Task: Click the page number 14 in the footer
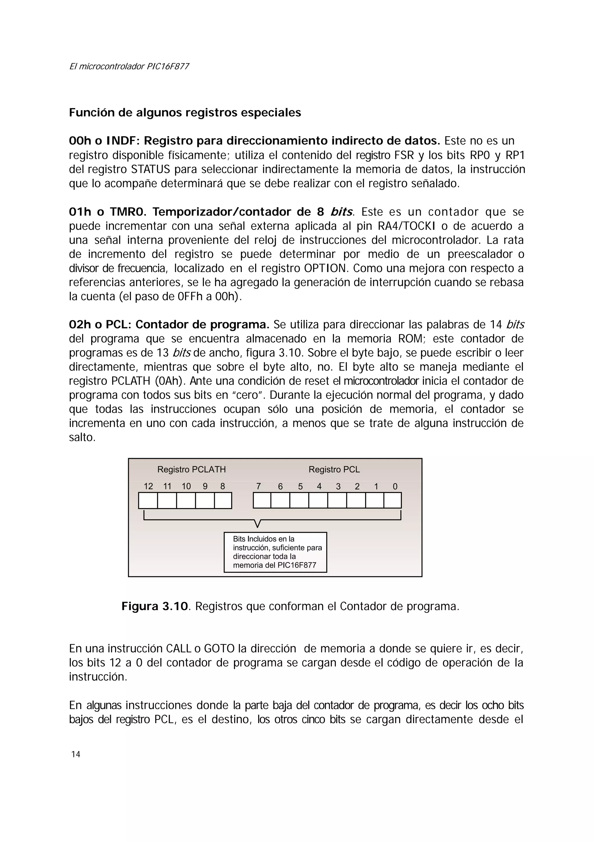pyautogui.click(x=76, y=754)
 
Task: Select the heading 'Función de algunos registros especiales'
pyautogui.click(x=185, y=112)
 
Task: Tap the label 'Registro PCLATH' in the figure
pyautogui.click(x=191, y=469)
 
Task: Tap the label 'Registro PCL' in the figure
pyautogui.click(x=334, y=469)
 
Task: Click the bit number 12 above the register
pyautogui.click(x=148, y=486)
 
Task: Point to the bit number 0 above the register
pyautogui.click(x=395, y=486)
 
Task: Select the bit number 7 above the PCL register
pyautogui.click(x=259, y=486)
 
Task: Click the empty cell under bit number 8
pyautogui.click(x=223, y=500)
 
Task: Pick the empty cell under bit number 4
pyautogui.click(x=318, y=500)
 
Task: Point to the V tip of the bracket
pyautogui.click(x=257, y=526)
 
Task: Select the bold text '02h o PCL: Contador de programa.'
pyautogui.click(x=169, y=325)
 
